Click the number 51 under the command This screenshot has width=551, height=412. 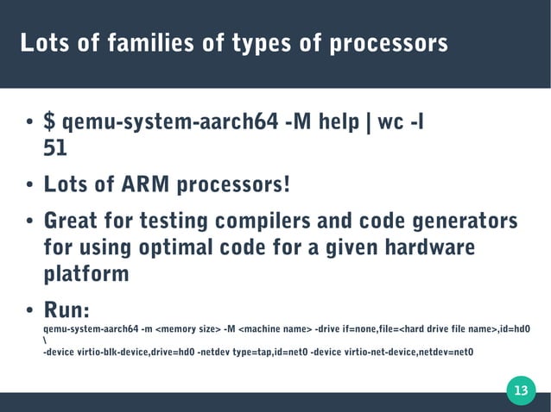point(54,149)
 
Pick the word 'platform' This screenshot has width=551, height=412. point(85,275)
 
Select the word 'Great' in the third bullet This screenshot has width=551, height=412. point(73,222)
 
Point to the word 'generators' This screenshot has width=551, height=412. point(466,222)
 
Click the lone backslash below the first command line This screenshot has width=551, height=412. point(45,340)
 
